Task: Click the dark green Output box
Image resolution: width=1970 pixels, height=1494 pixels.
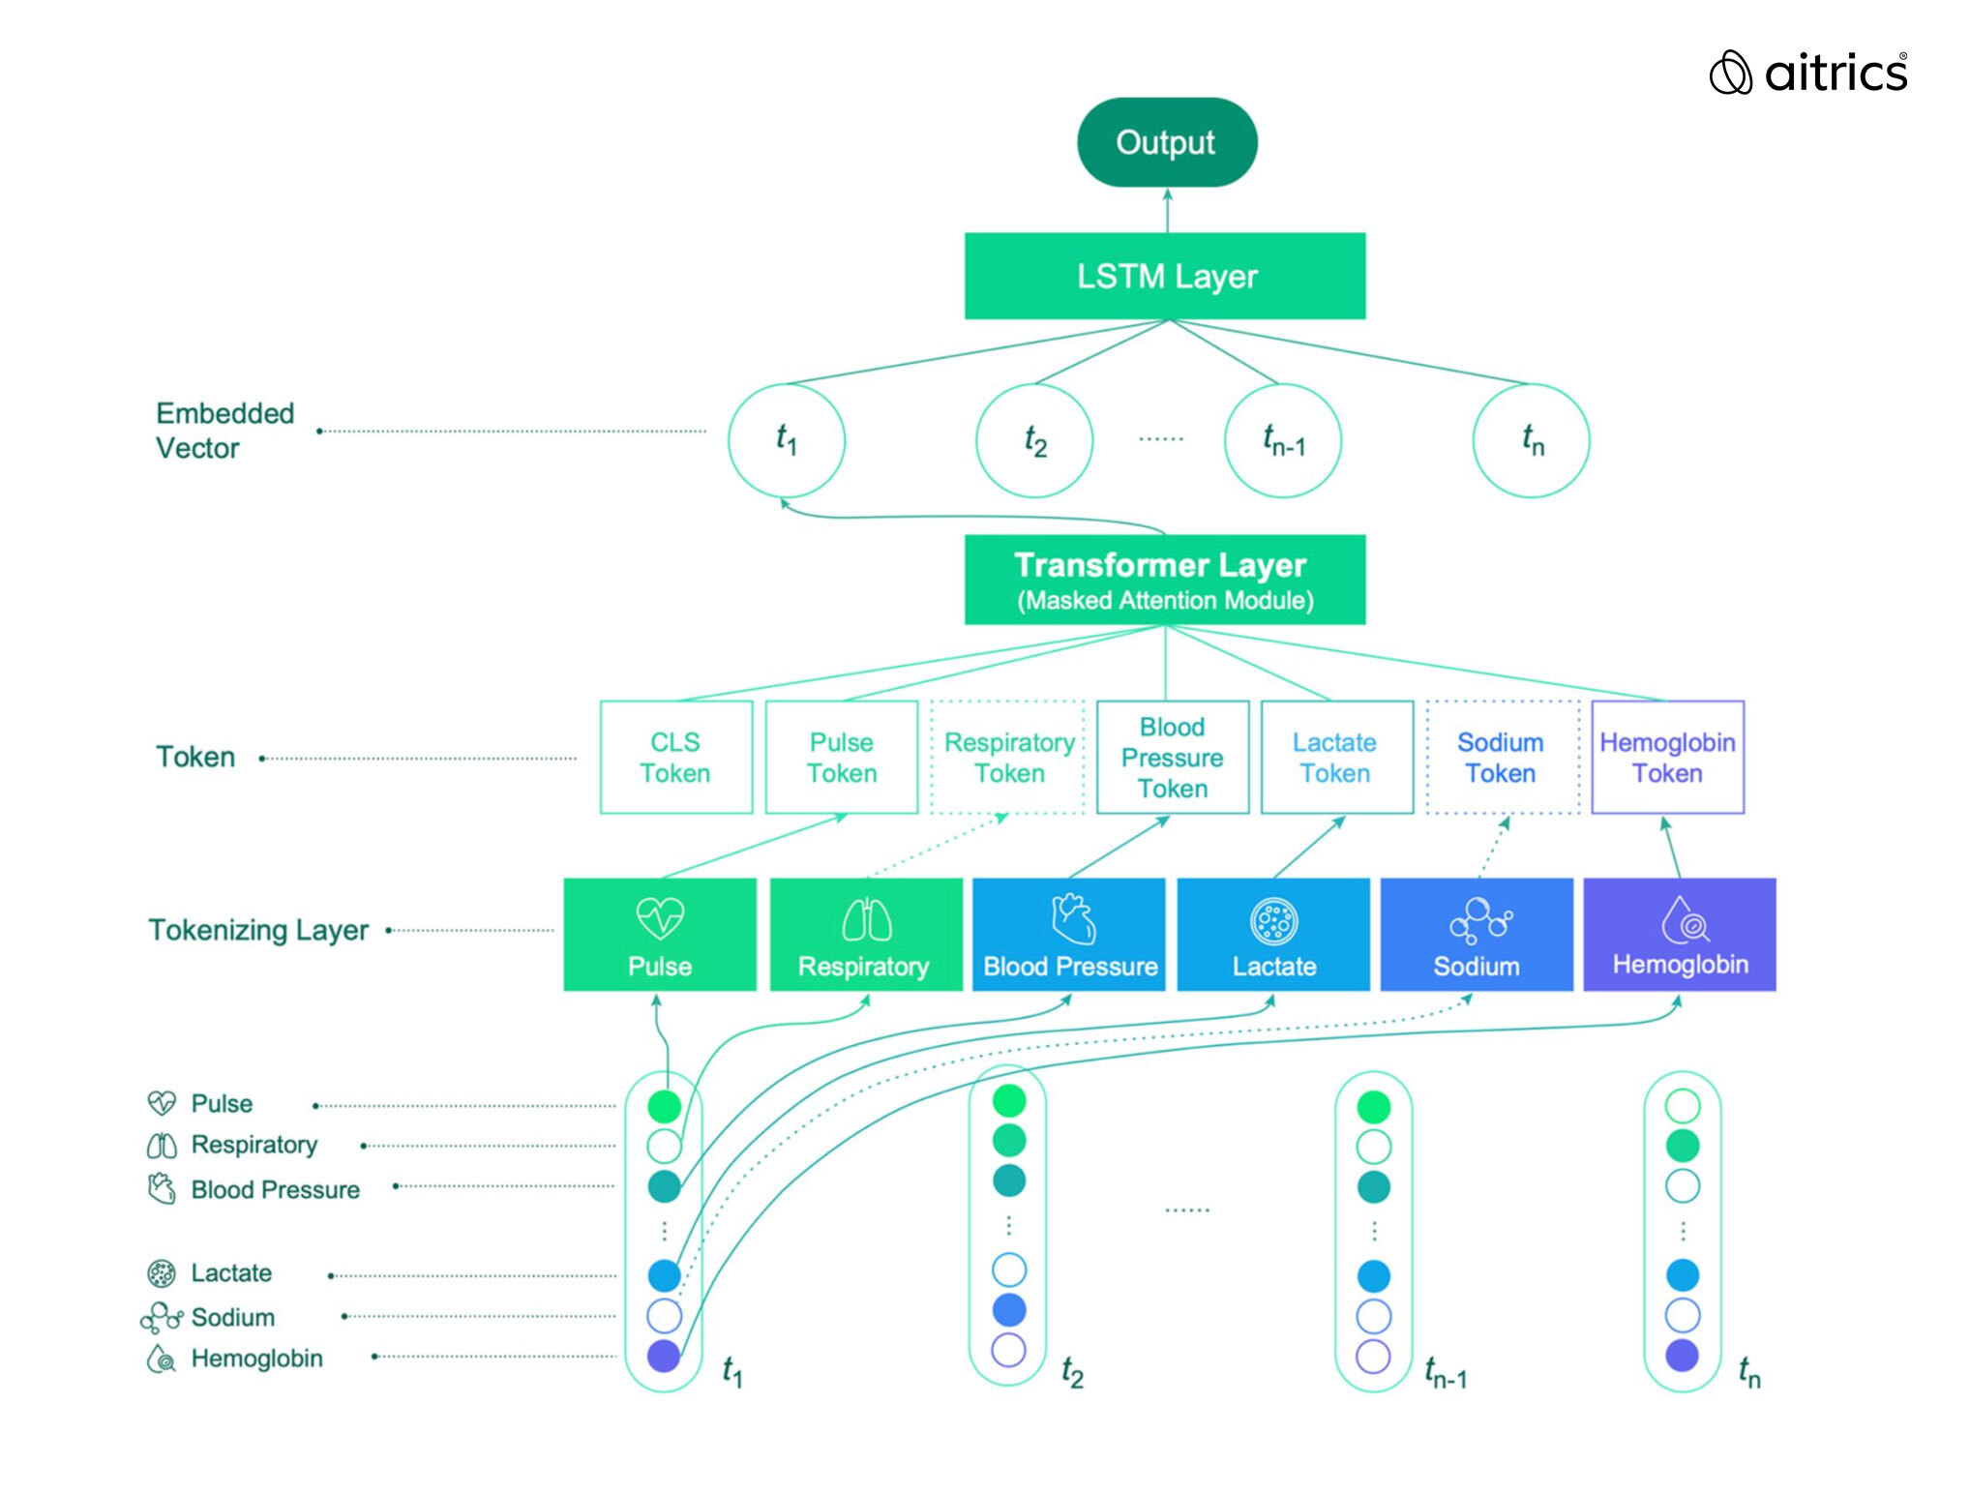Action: coord(1167,142)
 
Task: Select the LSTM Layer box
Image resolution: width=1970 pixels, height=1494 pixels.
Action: coord(1165,276)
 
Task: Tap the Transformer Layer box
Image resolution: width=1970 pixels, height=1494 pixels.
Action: coord(1165,580)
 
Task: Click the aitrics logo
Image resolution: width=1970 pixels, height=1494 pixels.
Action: coord(1808,73)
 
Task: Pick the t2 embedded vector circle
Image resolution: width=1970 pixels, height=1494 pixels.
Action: coord(1034,440)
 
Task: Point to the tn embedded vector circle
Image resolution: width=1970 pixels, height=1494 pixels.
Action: coord(1531,440)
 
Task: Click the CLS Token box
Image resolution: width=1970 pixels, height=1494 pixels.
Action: coord(676,757)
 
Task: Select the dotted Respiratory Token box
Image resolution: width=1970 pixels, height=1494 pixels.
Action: coord(1008,757)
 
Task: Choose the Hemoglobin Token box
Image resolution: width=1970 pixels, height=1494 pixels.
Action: coord(1667,757)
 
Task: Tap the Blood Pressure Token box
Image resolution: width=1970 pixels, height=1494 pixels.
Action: coord(1173,757)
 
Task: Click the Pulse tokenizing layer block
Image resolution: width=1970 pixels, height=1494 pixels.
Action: coord(660,934)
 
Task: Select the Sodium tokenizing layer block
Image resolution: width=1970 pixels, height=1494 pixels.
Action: coord(1477,934)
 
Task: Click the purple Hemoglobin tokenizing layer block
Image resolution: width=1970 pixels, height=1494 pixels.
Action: coord(1680,934)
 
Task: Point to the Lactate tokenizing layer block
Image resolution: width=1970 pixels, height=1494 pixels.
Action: coord(1273,934)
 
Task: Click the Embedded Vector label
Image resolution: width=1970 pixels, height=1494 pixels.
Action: coord(224,431)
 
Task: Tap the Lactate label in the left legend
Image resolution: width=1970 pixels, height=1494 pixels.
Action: coord(231,1272)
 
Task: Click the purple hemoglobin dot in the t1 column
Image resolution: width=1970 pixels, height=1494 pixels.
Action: coord(664,1356)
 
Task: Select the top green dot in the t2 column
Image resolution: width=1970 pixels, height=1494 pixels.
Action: coord(1009,1100)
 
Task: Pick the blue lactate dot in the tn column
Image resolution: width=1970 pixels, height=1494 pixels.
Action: coord(1683,1274)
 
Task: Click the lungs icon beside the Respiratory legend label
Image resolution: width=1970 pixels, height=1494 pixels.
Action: coord(162,1146)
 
